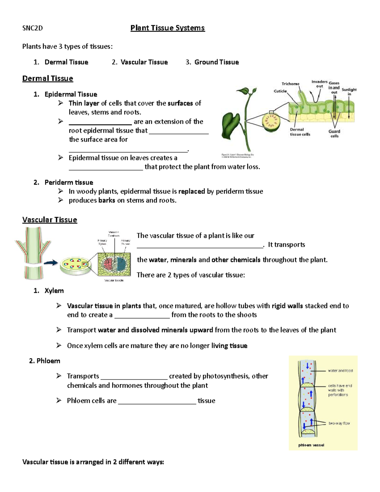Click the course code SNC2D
pos(32,28)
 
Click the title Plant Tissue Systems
pos(168,28)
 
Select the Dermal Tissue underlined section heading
pos(47,79)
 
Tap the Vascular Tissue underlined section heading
pos(50,220)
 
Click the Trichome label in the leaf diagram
pos(290,84)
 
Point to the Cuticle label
pos(280,91)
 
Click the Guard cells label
pos(334,133)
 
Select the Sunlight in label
pos(349,92)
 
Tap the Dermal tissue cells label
pos(300,132)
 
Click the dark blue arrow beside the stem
pos(51,262)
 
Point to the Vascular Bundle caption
pos(114,280)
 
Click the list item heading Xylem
pos(54,291)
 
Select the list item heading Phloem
pos(48,361)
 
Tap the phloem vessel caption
pos(311,445)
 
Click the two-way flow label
pos(339,423)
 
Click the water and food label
pos(340,371)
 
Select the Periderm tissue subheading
pos(69,182)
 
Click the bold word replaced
pos(192,191)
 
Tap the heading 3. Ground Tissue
pos(216,62)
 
